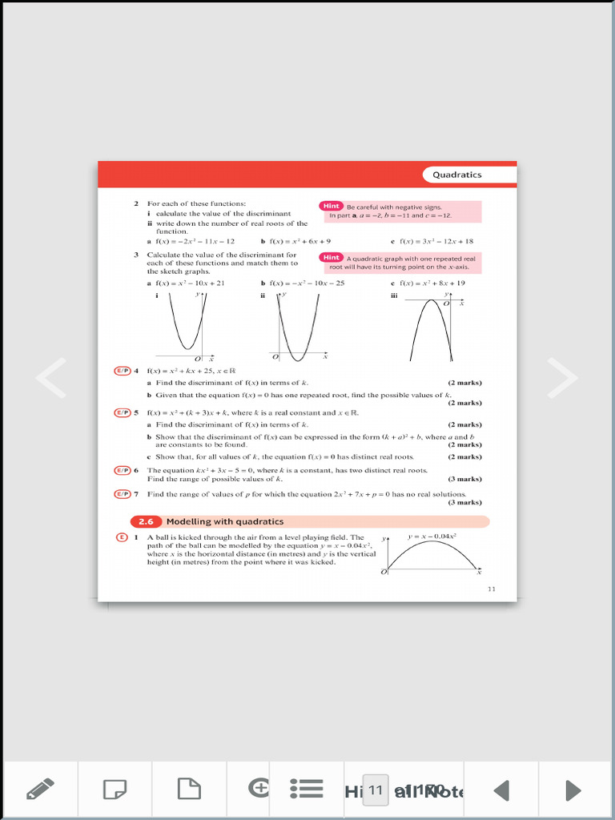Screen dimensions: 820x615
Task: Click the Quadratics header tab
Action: pos(457,175)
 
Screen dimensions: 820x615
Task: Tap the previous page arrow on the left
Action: pos(51,378)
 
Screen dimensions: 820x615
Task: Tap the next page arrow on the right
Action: pos(562,378)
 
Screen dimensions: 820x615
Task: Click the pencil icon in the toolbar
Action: pos(40,790)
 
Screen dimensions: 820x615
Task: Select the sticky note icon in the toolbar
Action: pos(115,790)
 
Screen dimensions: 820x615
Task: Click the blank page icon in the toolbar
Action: pos(189,790)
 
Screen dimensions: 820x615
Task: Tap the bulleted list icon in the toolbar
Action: pos(306,790)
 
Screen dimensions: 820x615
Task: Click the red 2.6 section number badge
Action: pos(146,521)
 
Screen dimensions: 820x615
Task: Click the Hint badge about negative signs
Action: pos(332,207)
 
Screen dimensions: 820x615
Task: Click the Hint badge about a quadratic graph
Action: pos(332,258)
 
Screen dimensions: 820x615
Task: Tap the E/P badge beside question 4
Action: pos(123,371)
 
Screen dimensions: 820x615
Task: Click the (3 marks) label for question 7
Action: pos(464,503)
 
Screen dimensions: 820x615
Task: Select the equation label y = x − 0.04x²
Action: pos(432,535)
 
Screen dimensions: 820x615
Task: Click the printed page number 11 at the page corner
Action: pos(492,589)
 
